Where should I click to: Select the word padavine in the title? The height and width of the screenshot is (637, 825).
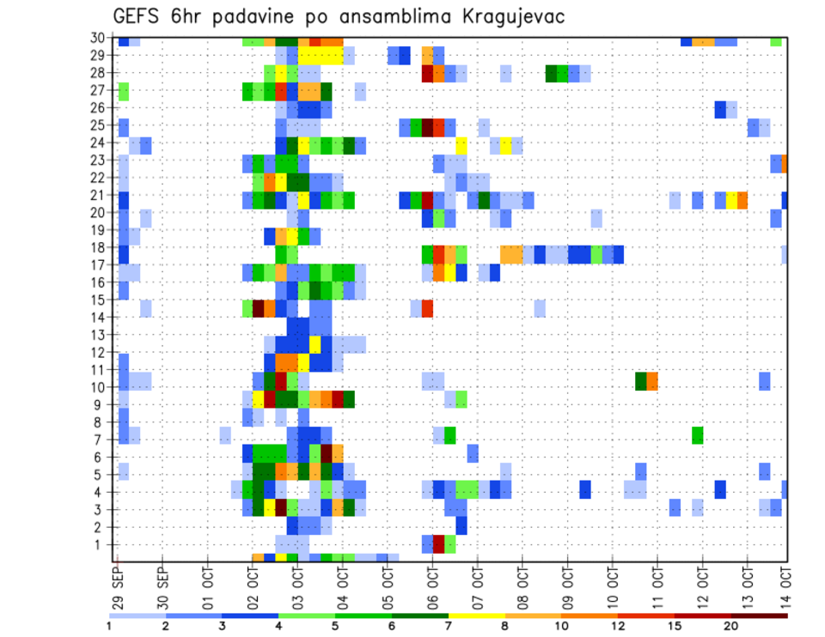pos(252,17)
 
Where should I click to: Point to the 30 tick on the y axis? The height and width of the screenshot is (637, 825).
pos(100,38)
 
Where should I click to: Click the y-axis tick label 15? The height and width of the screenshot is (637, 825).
pos(100,300)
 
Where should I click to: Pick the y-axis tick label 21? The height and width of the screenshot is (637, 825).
pos(100,195)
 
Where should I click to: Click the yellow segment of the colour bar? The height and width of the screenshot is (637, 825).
pos(477,616)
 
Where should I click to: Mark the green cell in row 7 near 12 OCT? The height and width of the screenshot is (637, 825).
pos(697,435)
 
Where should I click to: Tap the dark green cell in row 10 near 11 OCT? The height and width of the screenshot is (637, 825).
pos(640,380)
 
